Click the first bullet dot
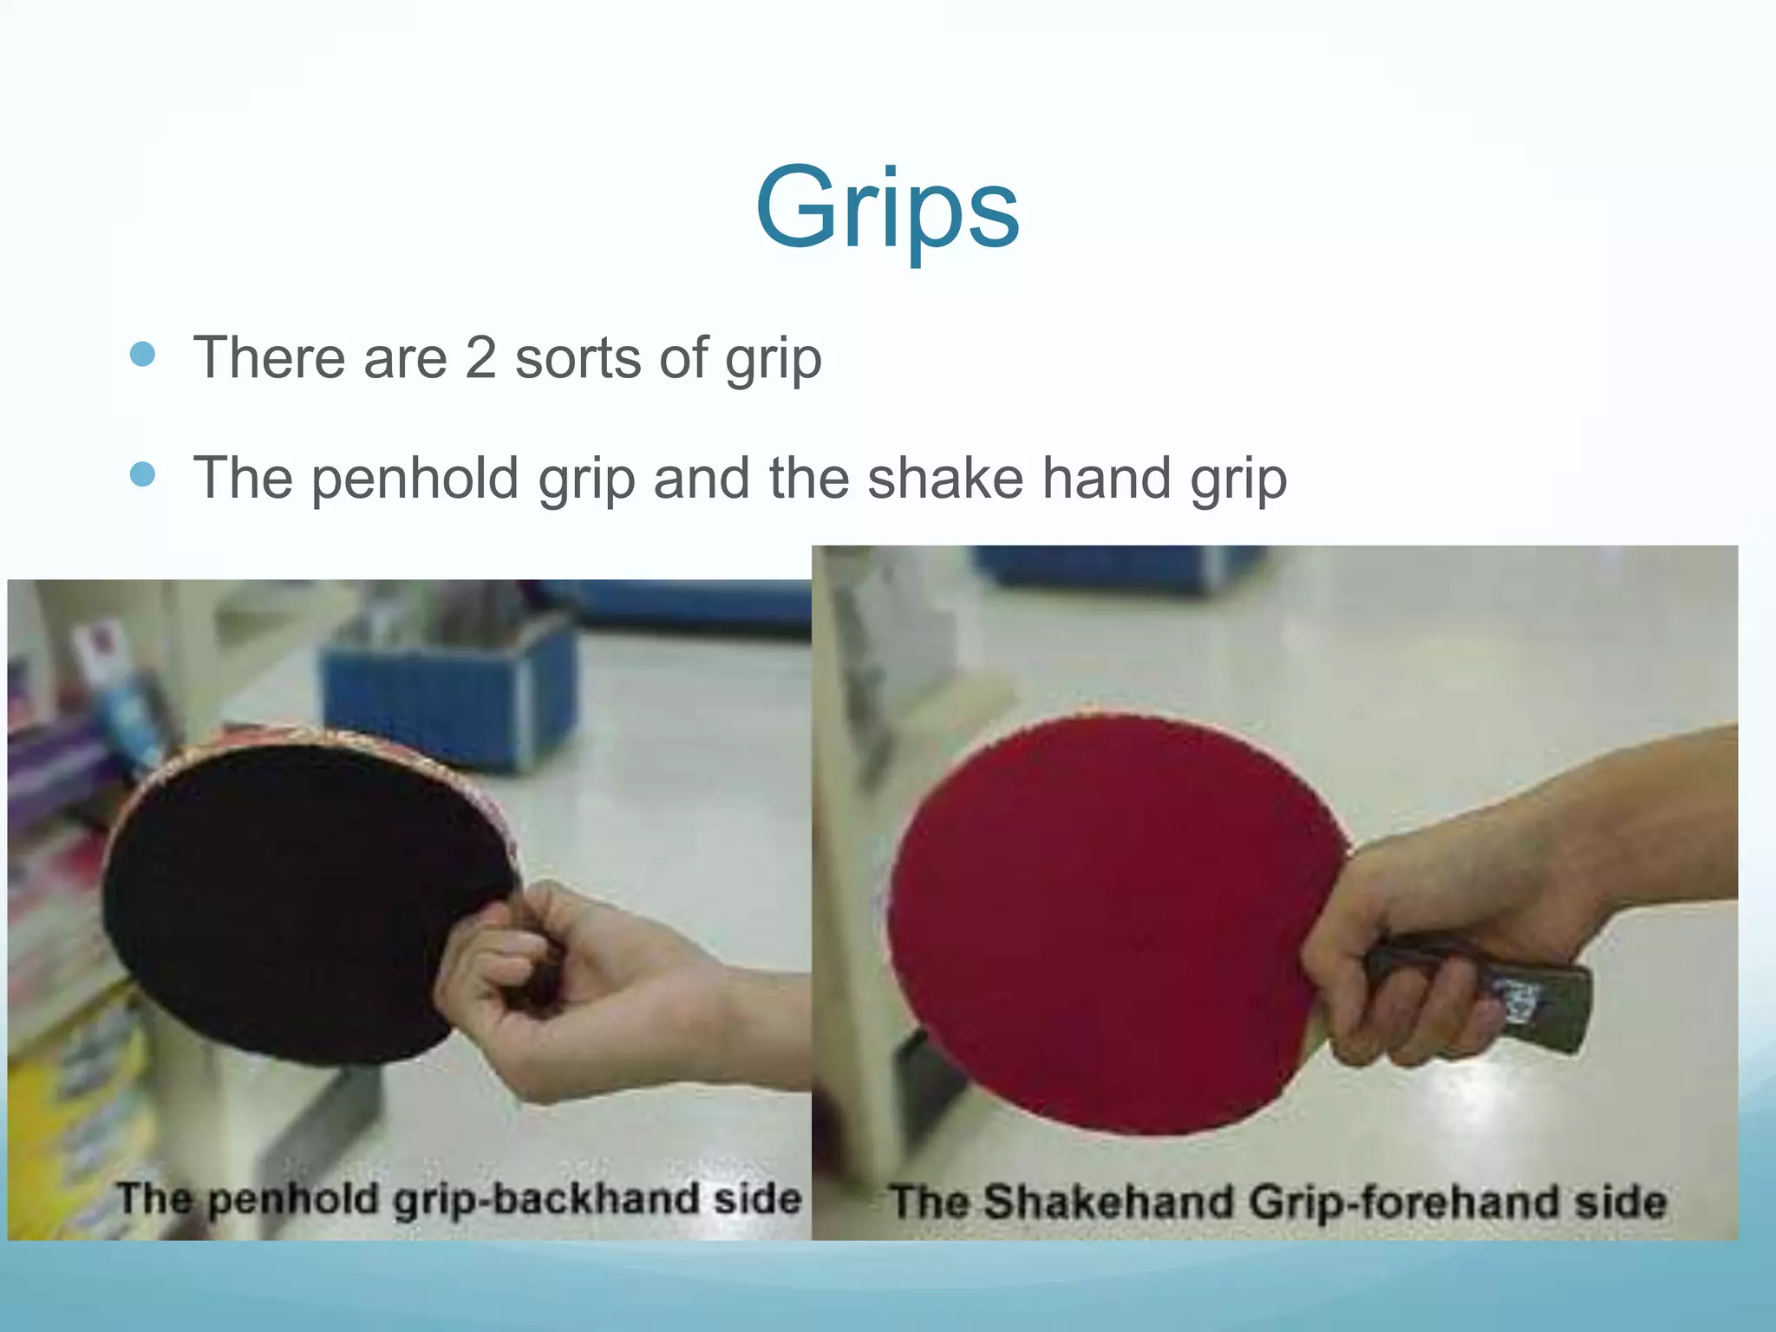[141, 354]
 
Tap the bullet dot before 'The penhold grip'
[141, 474]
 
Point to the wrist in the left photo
[694, 1023]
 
